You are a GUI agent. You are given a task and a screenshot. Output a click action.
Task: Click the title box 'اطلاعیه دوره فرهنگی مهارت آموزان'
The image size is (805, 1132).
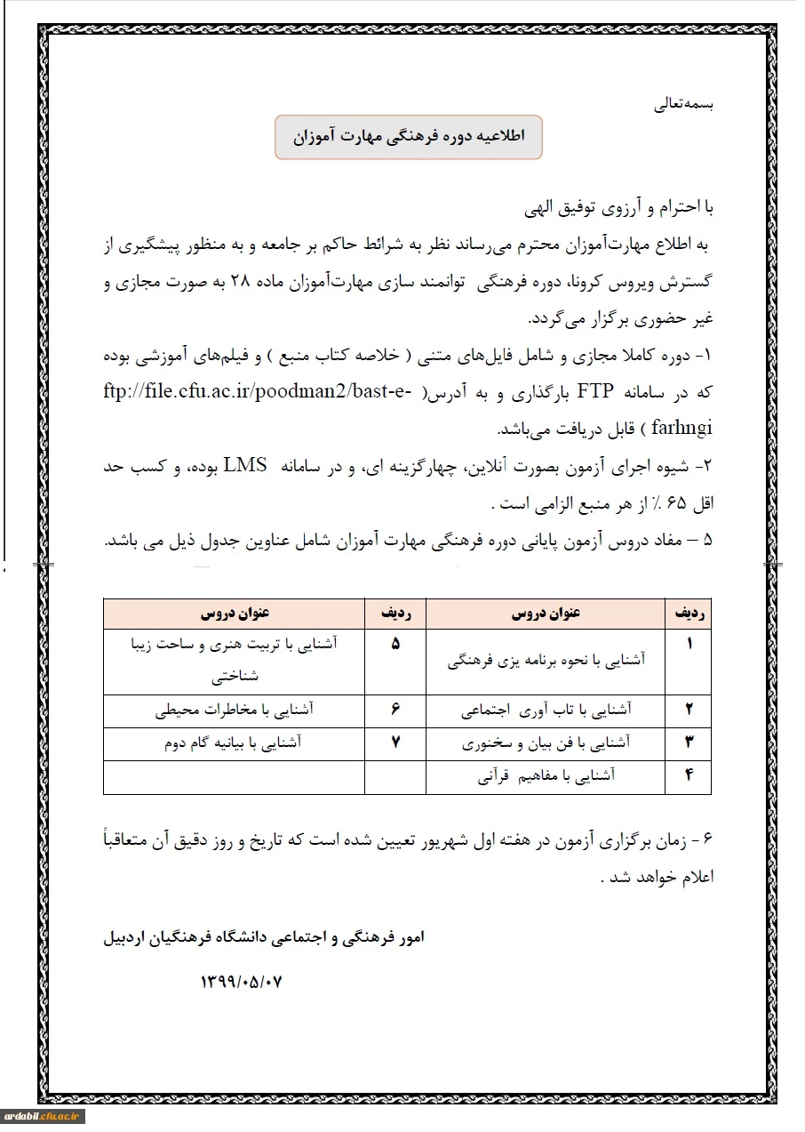click(x=408, y=137)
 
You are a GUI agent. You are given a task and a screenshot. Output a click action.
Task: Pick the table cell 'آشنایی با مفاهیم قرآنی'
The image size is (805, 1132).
click(x=546, y=776)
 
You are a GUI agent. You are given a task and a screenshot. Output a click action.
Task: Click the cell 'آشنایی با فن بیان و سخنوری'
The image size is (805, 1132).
click(x=546, y=743)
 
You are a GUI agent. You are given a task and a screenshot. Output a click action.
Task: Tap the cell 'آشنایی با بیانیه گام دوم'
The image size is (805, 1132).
click(x=235, y=743)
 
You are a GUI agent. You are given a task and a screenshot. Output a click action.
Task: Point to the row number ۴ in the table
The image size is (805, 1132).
click(x=689, y=775)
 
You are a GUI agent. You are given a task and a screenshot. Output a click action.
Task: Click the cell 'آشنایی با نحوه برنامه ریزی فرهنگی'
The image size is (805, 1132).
click(x=546, y=661)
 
